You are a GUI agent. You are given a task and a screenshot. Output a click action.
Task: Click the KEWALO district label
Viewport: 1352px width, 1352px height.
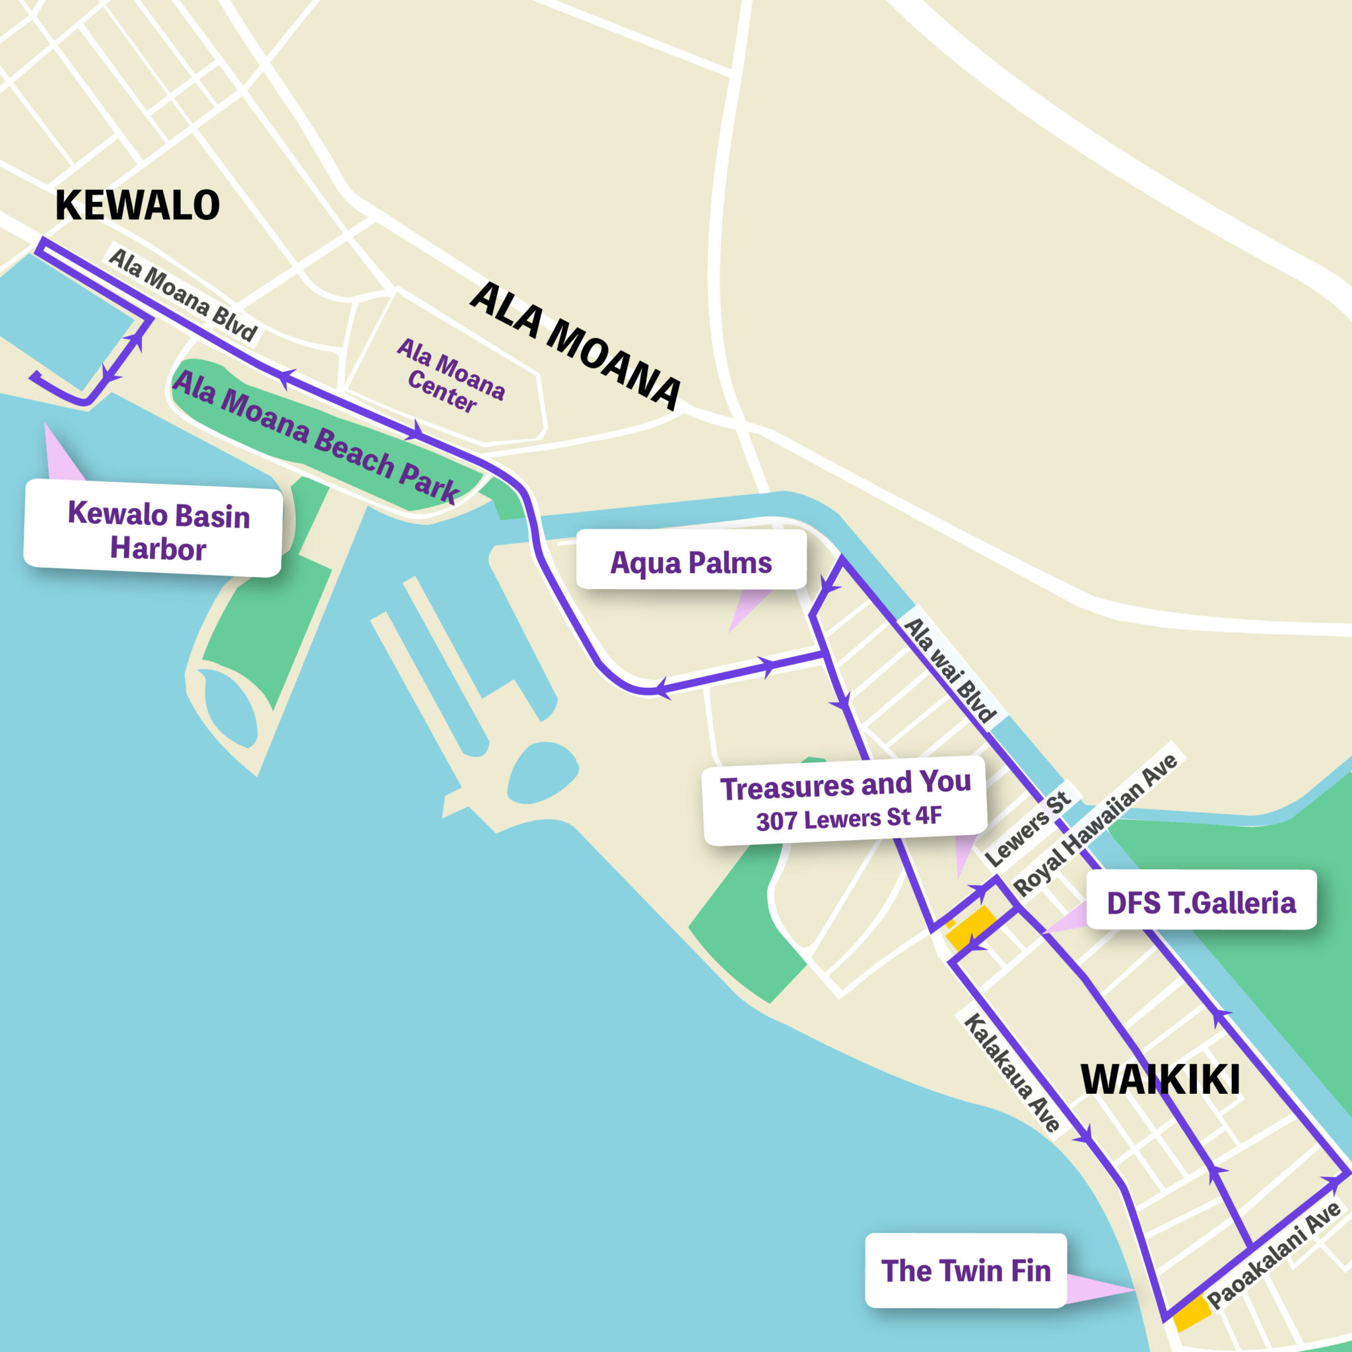137,205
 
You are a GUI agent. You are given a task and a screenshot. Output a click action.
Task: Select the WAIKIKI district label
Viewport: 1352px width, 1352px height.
1161,1079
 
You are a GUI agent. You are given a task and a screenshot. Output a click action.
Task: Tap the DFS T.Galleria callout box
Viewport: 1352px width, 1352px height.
1201,902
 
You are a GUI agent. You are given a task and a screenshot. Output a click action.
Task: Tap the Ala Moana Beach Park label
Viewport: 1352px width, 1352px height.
315,436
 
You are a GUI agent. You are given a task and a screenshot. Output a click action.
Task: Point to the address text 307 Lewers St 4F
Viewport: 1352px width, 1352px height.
848,818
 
